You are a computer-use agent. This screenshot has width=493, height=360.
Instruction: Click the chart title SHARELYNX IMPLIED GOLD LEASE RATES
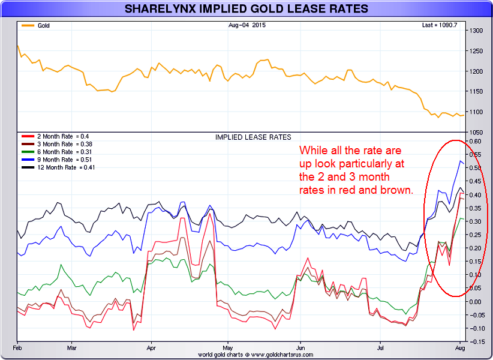pyautogui.click(x=246, y=9)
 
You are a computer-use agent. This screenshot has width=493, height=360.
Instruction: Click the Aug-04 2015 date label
pyautogui.click(x=247, y=25)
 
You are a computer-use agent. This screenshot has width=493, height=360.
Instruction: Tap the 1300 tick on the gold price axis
pyautogui.click(x=477, y=31)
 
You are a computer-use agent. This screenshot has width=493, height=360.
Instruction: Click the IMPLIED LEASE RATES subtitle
pyautogui.click(x=252, y=137)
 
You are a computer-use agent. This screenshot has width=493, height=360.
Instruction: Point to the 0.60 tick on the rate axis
pyautogui.click(x=477, y=142)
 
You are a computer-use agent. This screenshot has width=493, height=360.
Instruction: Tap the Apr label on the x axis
pyautogui.click(x=151, y=348)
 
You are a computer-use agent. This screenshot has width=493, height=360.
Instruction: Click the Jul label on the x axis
pyautogui.click(x=381, y=348)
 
